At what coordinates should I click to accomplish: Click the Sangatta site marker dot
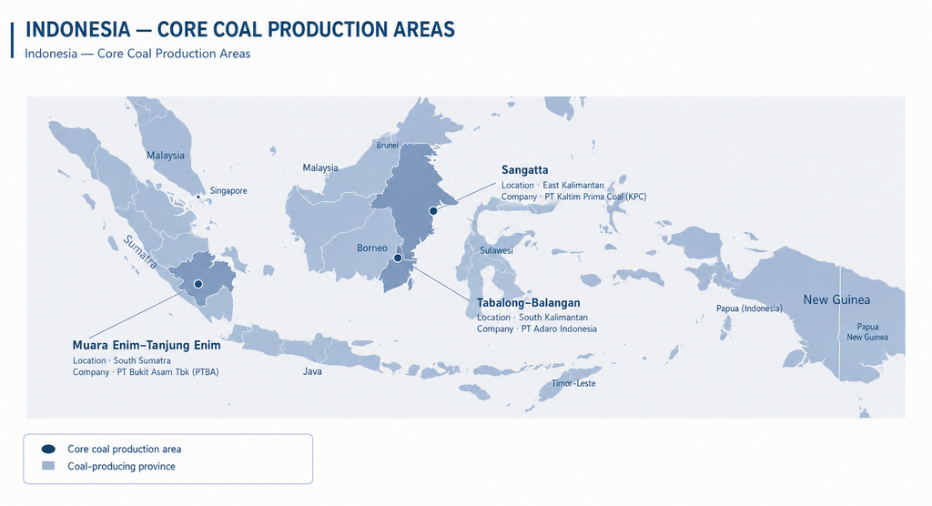pyautogui.click(x=433, y=211)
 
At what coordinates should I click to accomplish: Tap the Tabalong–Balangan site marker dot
pyautogui.click(x=398, y=258)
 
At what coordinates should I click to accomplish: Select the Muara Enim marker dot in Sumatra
pyautogui.click(x=198, y=284)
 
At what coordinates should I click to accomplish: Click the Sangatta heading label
pyautogui.click(x=525, y=170)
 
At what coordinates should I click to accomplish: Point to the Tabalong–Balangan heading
pyautogui.click(x=529, y=303)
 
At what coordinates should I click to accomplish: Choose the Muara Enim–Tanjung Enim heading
pyautogui.click(x=147, y=346)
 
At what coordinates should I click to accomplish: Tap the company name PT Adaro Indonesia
pyautogui.click(x=559, y=329)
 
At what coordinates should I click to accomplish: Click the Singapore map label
pyautogui.click(x=228, y=191)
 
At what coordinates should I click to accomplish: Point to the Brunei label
pyautogui.click(x=387, y=145)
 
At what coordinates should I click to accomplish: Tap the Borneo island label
pyautogui.click(x=372, y=248)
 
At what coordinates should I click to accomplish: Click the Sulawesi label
pyautogui.click(x=496, y=250)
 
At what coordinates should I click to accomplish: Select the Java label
pyautogui.click(x=313, y=371)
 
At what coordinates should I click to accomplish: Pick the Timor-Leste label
pyautogui.click(x=573, y=383)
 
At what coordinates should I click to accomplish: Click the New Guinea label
pyautogui.click(x=836, y=299)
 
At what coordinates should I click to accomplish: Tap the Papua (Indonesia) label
pyautogui.click(x=750, y=309)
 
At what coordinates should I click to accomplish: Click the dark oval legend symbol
pyautogui.click(x=49, y=449)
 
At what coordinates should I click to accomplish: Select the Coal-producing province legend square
pyautogui.click(x=48, y=466)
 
